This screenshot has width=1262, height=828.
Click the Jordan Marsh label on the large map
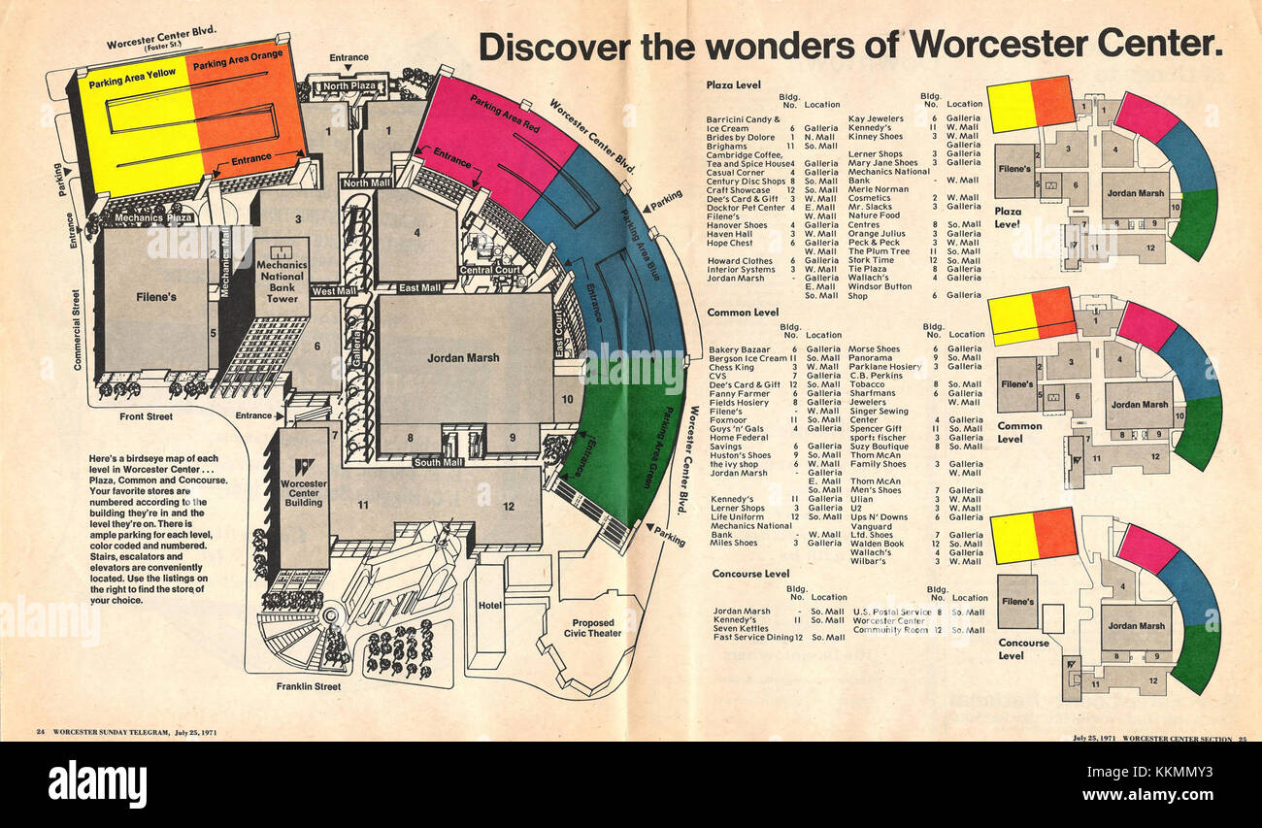[x=463, y=358]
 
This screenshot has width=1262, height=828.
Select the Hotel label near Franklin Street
[x=489, y=606]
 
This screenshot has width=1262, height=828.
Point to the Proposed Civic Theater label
[x=592, y=628]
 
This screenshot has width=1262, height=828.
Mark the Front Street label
[x=146, y=416]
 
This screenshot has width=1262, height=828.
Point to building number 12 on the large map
[x=508, y=505]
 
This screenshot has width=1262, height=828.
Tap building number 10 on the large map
[x=567, y=399]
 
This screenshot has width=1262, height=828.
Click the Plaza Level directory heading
[x=734, y=85]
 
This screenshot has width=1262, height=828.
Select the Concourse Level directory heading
[x=749, y=574]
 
